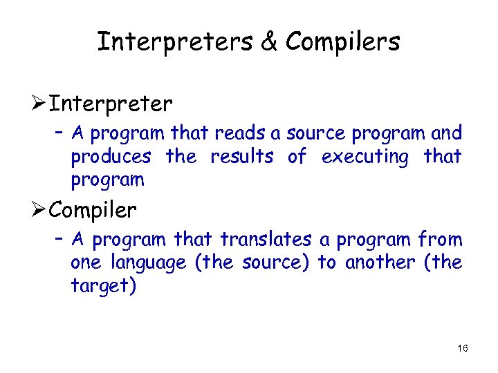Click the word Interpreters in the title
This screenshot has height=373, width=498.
(x=177, y=42)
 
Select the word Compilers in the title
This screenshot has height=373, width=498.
(x=342, y=42)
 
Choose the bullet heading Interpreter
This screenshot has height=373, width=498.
(x=111, y=104)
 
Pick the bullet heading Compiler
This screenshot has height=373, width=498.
(x=94, y=209)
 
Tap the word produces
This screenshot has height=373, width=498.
(x=111, y=157)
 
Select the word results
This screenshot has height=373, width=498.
(x=241, y=157)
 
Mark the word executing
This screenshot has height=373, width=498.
(x=365, y=157)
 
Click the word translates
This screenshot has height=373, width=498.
(x=266, y=240)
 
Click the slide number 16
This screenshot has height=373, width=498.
(x=463, y=348)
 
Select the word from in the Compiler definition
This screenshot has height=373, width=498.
(x=441, y=240)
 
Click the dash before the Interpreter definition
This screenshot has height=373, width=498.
(x=59, y=131)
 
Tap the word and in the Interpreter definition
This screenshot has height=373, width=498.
(x=446, y=133)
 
